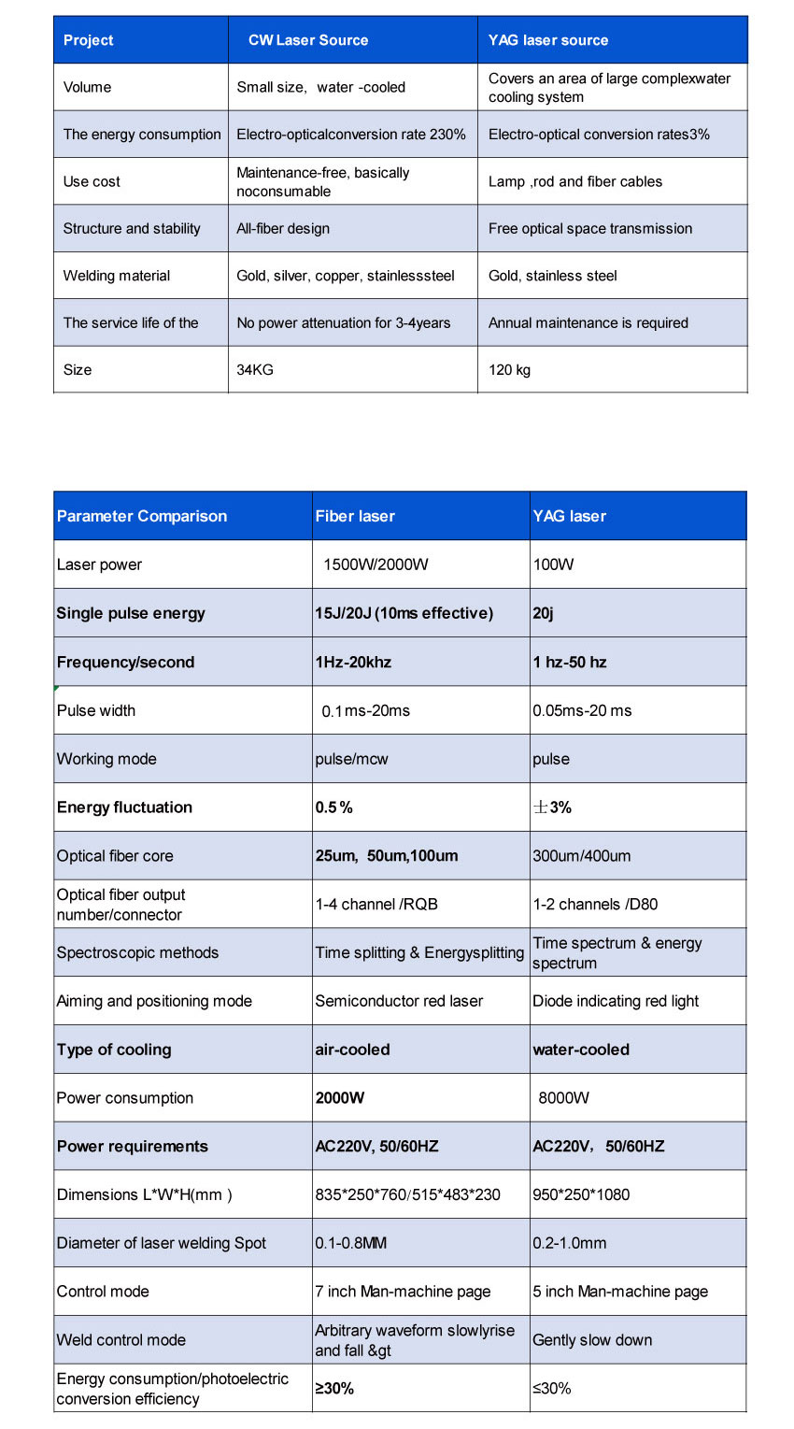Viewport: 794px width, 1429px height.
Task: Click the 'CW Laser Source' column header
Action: [308, 40]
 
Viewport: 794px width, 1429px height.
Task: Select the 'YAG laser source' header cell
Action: [548, 40]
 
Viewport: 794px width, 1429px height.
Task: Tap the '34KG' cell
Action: [255, 369]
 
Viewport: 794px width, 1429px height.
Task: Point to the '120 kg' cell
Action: [509, 369]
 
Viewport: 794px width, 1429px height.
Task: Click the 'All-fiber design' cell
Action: [283, 228]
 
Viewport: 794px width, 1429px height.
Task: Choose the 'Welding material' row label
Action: [117, 276]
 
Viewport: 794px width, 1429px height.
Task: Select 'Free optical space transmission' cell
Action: [590, 228]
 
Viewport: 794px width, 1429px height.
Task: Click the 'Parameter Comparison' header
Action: [142, 516]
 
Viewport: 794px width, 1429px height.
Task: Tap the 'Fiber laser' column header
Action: [355, 516]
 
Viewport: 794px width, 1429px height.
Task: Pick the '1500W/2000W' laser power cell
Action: [376, 564]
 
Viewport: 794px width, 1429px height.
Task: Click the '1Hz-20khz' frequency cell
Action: [353, 662]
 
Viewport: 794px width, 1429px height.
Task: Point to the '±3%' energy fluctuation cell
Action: [552, 807]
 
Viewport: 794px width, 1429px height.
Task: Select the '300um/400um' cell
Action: [581, 856]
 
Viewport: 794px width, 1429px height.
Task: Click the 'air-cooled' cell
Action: [352, 1050]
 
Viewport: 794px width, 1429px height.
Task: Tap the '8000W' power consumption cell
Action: [563, 1098]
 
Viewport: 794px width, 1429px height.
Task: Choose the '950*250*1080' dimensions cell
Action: [581, 1194]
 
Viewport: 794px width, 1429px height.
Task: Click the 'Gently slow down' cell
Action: [592, 1340]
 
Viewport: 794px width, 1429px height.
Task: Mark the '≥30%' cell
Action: [334, 1389]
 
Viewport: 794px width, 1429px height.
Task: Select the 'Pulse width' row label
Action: [96, 710]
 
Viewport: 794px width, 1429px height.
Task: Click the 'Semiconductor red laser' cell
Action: [399, 1001]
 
